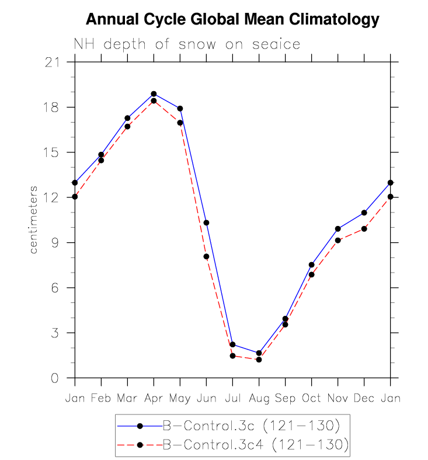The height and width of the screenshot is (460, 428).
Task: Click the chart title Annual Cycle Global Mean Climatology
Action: pos(232,20)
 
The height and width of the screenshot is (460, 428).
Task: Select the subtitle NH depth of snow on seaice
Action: pos(187,44)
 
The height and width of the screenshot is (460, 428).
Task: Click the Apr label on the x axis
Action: pos(154,398)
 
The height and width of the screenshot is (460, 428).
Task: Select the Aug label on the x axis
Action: pos(259,398)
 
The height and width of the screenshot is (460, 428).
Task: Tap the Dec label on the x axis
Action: pos(364,398)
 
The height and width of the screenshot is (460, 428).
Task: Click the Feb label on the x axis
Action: pos(101,398)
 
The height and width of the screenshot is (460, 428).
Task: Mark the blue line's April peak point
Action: pos(154,93)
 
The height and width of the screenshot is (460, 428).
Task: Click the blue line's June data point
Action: pos(206,222)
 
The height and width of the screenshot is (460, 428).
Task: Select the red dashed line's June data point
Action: pos(206,256)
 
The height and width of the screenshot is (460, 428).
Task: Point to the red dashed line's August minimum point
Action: pos(259,360)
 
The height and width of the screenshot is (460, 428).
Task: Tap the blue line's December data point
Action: pos(364,212)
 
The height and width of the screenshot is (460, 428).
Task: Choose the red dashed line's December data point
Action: pos(364,229)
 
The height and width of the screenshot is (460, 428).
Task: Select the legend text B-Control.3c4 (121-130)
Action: pos(255,445)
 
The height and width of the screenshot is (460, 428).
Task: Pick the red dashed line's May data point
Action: pos(180,123)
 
